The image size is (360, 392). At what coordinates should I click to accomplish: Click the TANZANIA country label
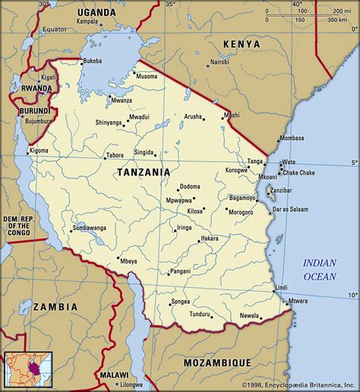coord(144,173)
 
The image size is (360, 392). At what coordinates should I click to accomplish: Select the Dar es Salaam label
coord(292,208)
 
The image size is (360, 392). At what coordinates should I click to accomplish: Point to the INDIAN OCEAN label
coord(320,268)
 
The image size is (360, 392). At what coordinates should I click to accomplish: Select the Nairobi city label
coord(219,62)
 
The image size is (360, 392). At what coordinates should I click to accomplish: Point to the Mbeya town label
coord(128,261)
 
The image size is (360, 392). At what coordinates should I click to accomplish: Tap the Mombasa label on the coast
coord(292,139)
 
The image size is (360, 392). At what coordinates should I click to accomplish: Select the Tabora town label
coord(115,155)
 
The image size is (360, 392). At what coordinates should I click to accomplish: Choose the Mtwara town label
coord(298,302)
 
